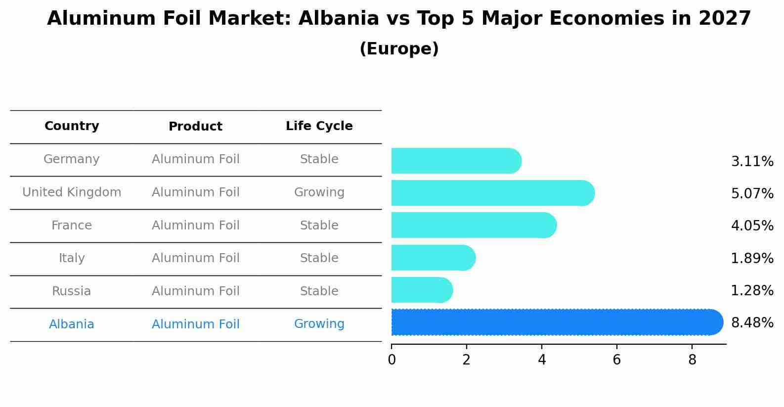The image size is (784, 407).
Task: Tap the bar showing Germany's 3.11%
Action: point(455,161)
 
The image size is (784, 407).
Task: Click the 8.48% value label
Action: point(752,323)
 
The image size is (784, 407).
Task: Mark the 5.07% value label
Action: point(752,193)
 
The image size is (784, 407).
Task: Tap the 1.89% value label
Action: point(752,258)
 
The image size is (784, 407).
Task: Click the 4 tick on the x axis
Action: point(542,360)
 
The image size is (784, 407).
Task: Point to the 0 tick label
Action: point(392,360)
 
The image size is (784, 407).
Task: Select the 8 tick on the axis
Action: point(692,360)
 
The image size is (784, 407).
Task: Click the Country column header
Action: point(72,126)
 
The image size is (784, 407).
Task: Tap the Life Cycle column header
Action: point(319,126)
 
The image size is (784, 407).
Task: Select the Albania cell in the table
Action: point(72,324)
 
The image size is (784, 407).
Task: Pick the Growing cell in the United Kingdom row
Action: point(319,192)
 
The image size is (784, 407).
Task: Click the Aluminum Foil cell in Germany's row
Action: point(195,159)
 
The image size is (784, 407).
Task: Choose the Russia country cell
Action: point(72,291)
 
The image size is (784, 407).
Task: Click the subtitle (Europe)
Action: point(399,49)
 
